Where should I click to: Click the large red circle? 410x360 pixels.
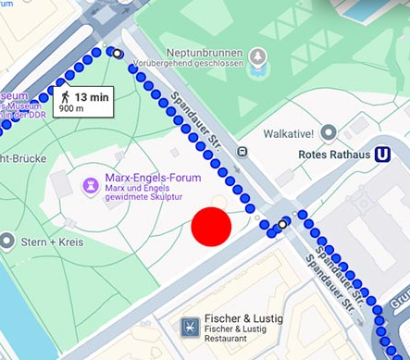pyautogui.click(x=211, y=227)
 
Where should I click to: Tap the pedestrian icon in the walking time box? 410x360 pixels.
pyautogui.click(x=65, y=96)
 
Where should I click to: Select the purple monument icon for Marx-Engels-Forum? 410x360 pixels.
pyautogui.click(x=91, y=185)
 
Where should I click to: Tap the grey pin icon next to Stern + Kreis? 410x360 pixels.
pyautogui.click(x=8, y=242)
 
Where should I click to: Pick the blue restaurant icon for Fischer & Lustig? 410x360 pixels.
pyautogui.click(x=190, y=326)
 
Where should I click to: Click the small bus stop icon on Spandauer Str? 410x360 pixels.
pyautogui.click(x=242, y=152)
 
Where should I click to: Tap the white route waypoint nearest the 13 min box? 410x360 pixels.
pyautogui.click(x=117, y=54)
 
